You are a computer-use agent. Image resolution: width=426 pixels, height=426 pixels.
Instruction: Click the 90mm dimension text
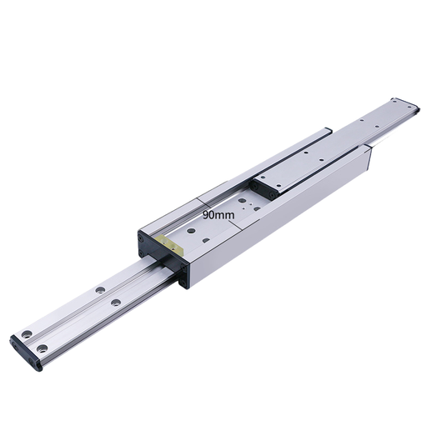[218, 214]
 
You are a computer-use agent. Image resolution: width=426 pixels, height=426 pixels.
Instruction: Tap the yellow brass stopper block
[170, 246]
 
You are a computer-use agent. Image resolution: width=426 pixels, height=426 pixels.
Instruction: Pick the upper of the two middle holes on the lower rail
[101, 289]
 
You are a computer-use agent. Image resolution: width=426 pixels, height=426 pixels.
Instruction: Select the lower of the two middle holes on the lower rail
[115, 300]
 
